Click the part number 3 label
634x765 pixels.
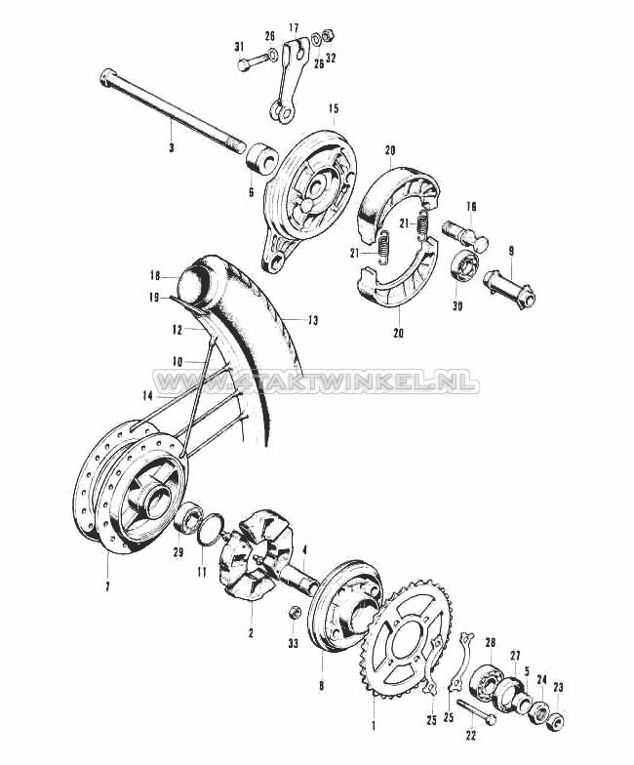click(172, 148)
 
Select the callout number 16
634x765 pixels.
click(471, 206)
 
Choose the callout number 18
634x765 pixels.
click(155, 276)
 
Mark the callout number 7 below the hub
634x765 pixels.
click(107, 585)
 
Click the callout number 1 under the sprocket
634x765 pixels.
click(372, 726)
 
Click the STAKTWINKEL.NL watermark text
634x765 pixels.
click(316, 382)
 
